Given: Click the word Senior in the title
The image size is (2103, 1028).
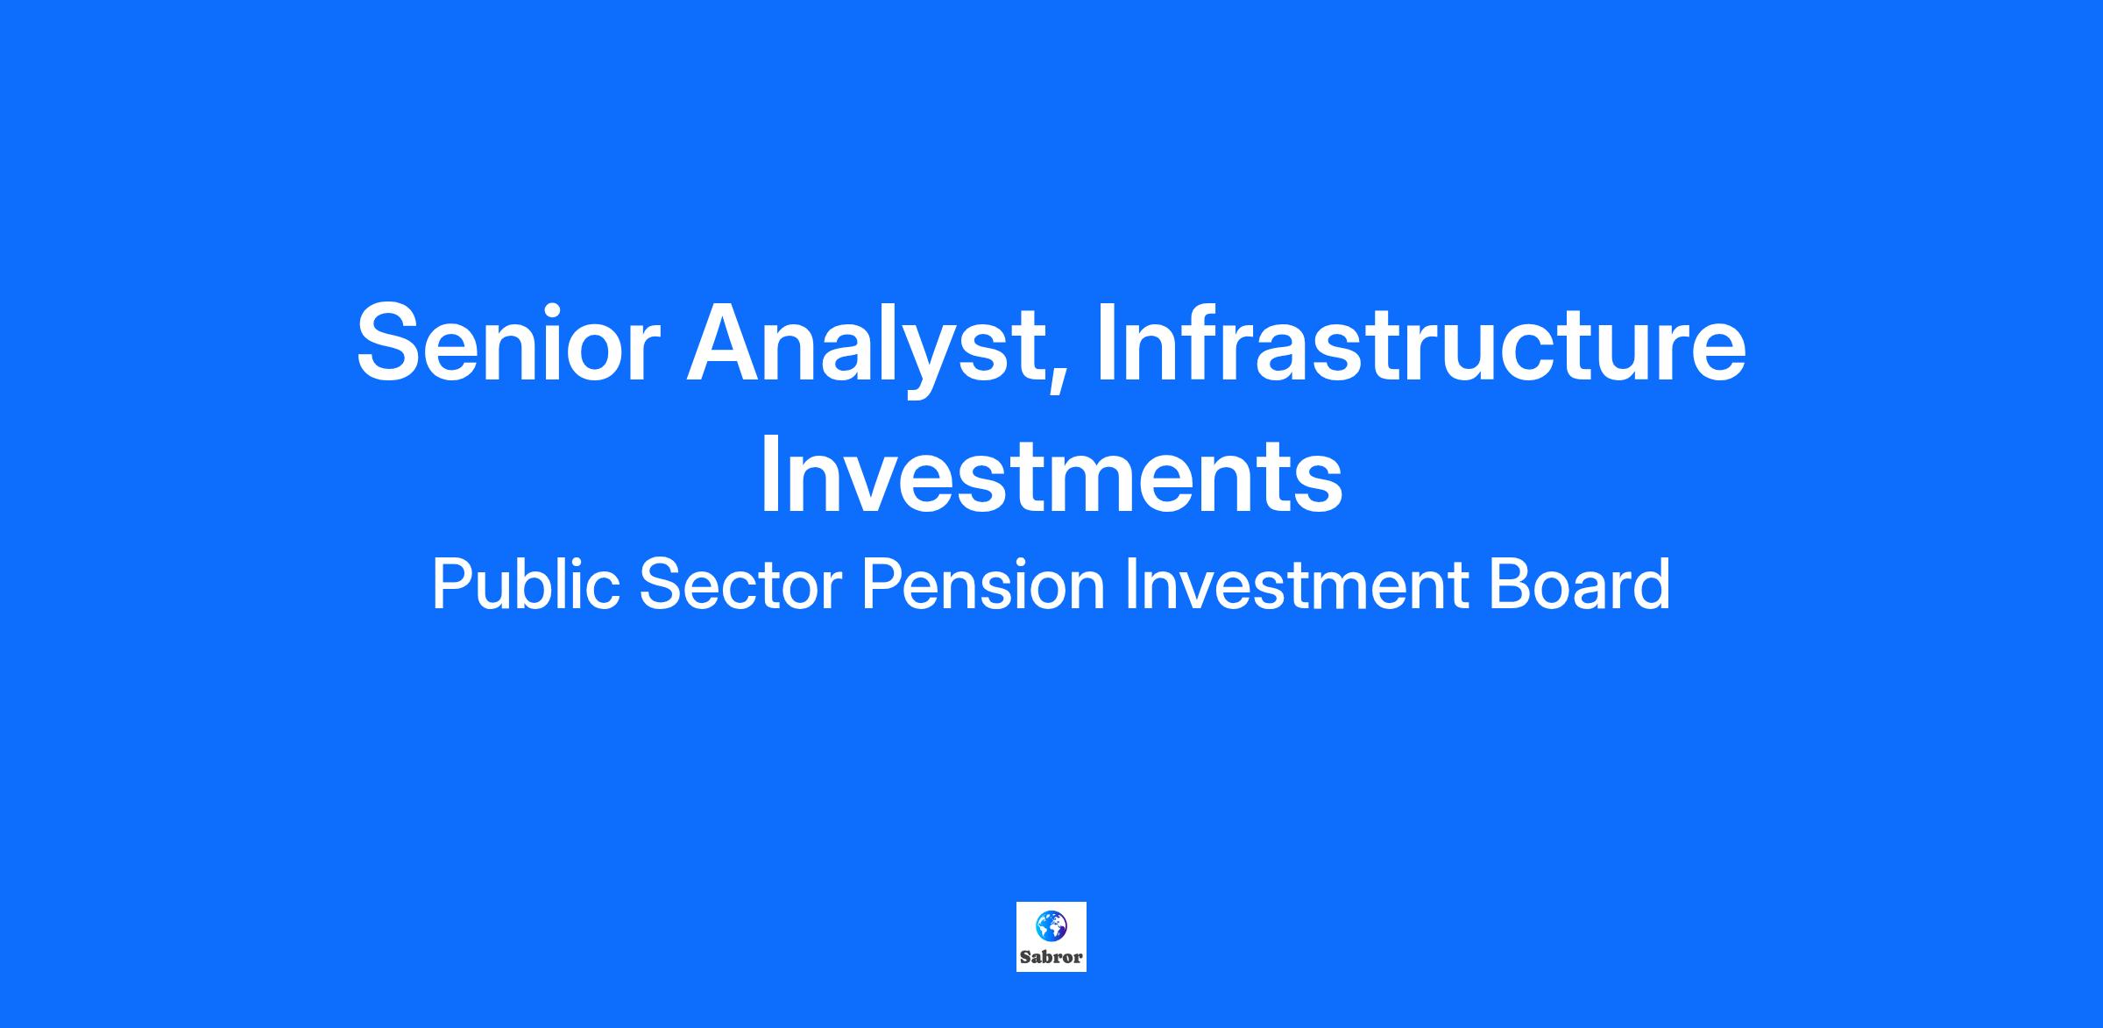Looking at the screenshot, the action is pos(508,342).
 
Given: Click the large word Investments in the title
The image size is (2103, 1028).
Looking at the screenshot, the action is pos(1051,474).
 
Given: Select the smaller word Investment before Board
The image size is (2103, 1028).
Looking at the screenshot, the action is pos(1296,585).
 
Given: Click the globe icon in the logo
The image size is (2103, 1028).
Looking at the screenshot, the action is pos(1051,924).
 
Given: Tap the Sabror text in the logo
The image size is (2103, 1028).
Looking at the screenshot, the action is pos(1051,958).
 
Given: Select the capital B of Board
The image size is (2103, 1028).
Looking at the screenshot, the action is pos(1510,585).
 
